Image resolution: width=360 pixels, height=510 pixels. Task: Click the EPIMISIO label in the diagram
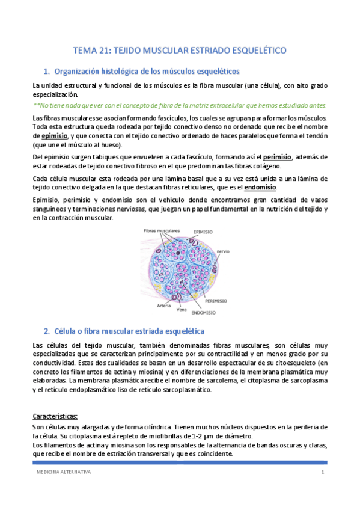pyautogui.click(x=206, y=230)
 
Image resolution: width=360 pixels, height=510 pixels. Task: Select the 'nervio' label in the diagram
pyautogui.click(x=239, y=251)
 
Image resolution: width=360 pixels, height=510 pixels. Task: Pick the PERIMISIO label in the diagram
pyautogui.click(x=215, y=300)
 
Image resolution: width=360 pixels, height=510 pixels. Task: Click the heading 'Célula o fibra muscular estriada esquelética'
pyautogui.click(x=129, y=331)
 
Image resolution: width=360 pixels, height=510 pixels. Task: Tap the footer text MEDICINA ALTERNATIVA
pyautogui.click(x=63, y=473)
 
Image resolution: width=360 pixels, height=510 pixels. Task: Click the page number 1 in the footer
pyautogui.click(x=323, y=473)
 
